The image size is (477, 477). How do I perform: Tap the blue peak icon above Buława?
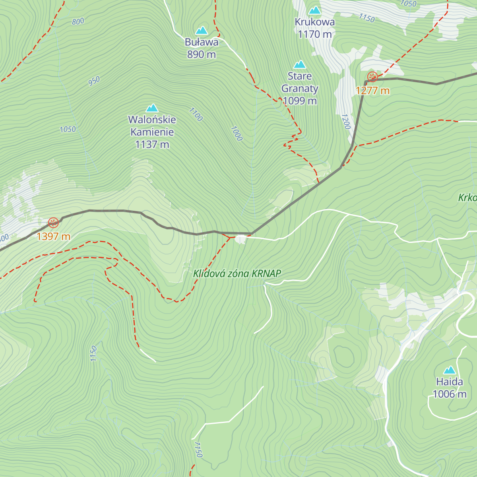pos(202,31)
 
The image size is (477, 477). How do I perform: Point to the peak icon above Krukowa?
pos(315,10)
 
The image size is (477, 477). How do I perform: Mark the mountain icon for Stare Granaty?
pos(300,64)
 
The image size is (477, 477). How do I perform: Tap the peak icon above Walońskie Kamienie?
pos(152,108)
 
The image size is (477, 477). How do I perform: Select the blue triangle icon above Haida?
pos(450,370)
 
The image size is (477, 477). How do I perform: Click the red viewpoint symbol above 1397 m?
pos(53,223)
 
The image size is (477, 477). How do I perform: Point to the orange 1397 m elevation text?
pos(53,237)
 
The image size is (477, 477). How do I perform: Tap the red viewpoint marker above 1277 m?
pos(372,77)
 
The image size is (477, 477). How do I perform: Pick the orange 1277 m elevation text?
pos(372,91)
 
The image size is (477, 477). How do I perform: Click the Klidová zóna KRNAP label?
pos(237,273)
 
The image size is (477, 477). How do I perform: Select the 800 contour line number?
pos(78,22)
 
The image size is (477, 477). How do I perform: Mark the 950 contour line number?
pos(94,81)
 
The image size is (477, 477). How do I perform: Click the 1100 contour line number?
pos(196,114)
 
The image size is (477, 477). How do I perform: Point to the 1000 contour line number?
pos(236,134)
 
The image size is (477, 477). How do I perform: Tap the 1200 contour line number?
pos(346,122)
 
